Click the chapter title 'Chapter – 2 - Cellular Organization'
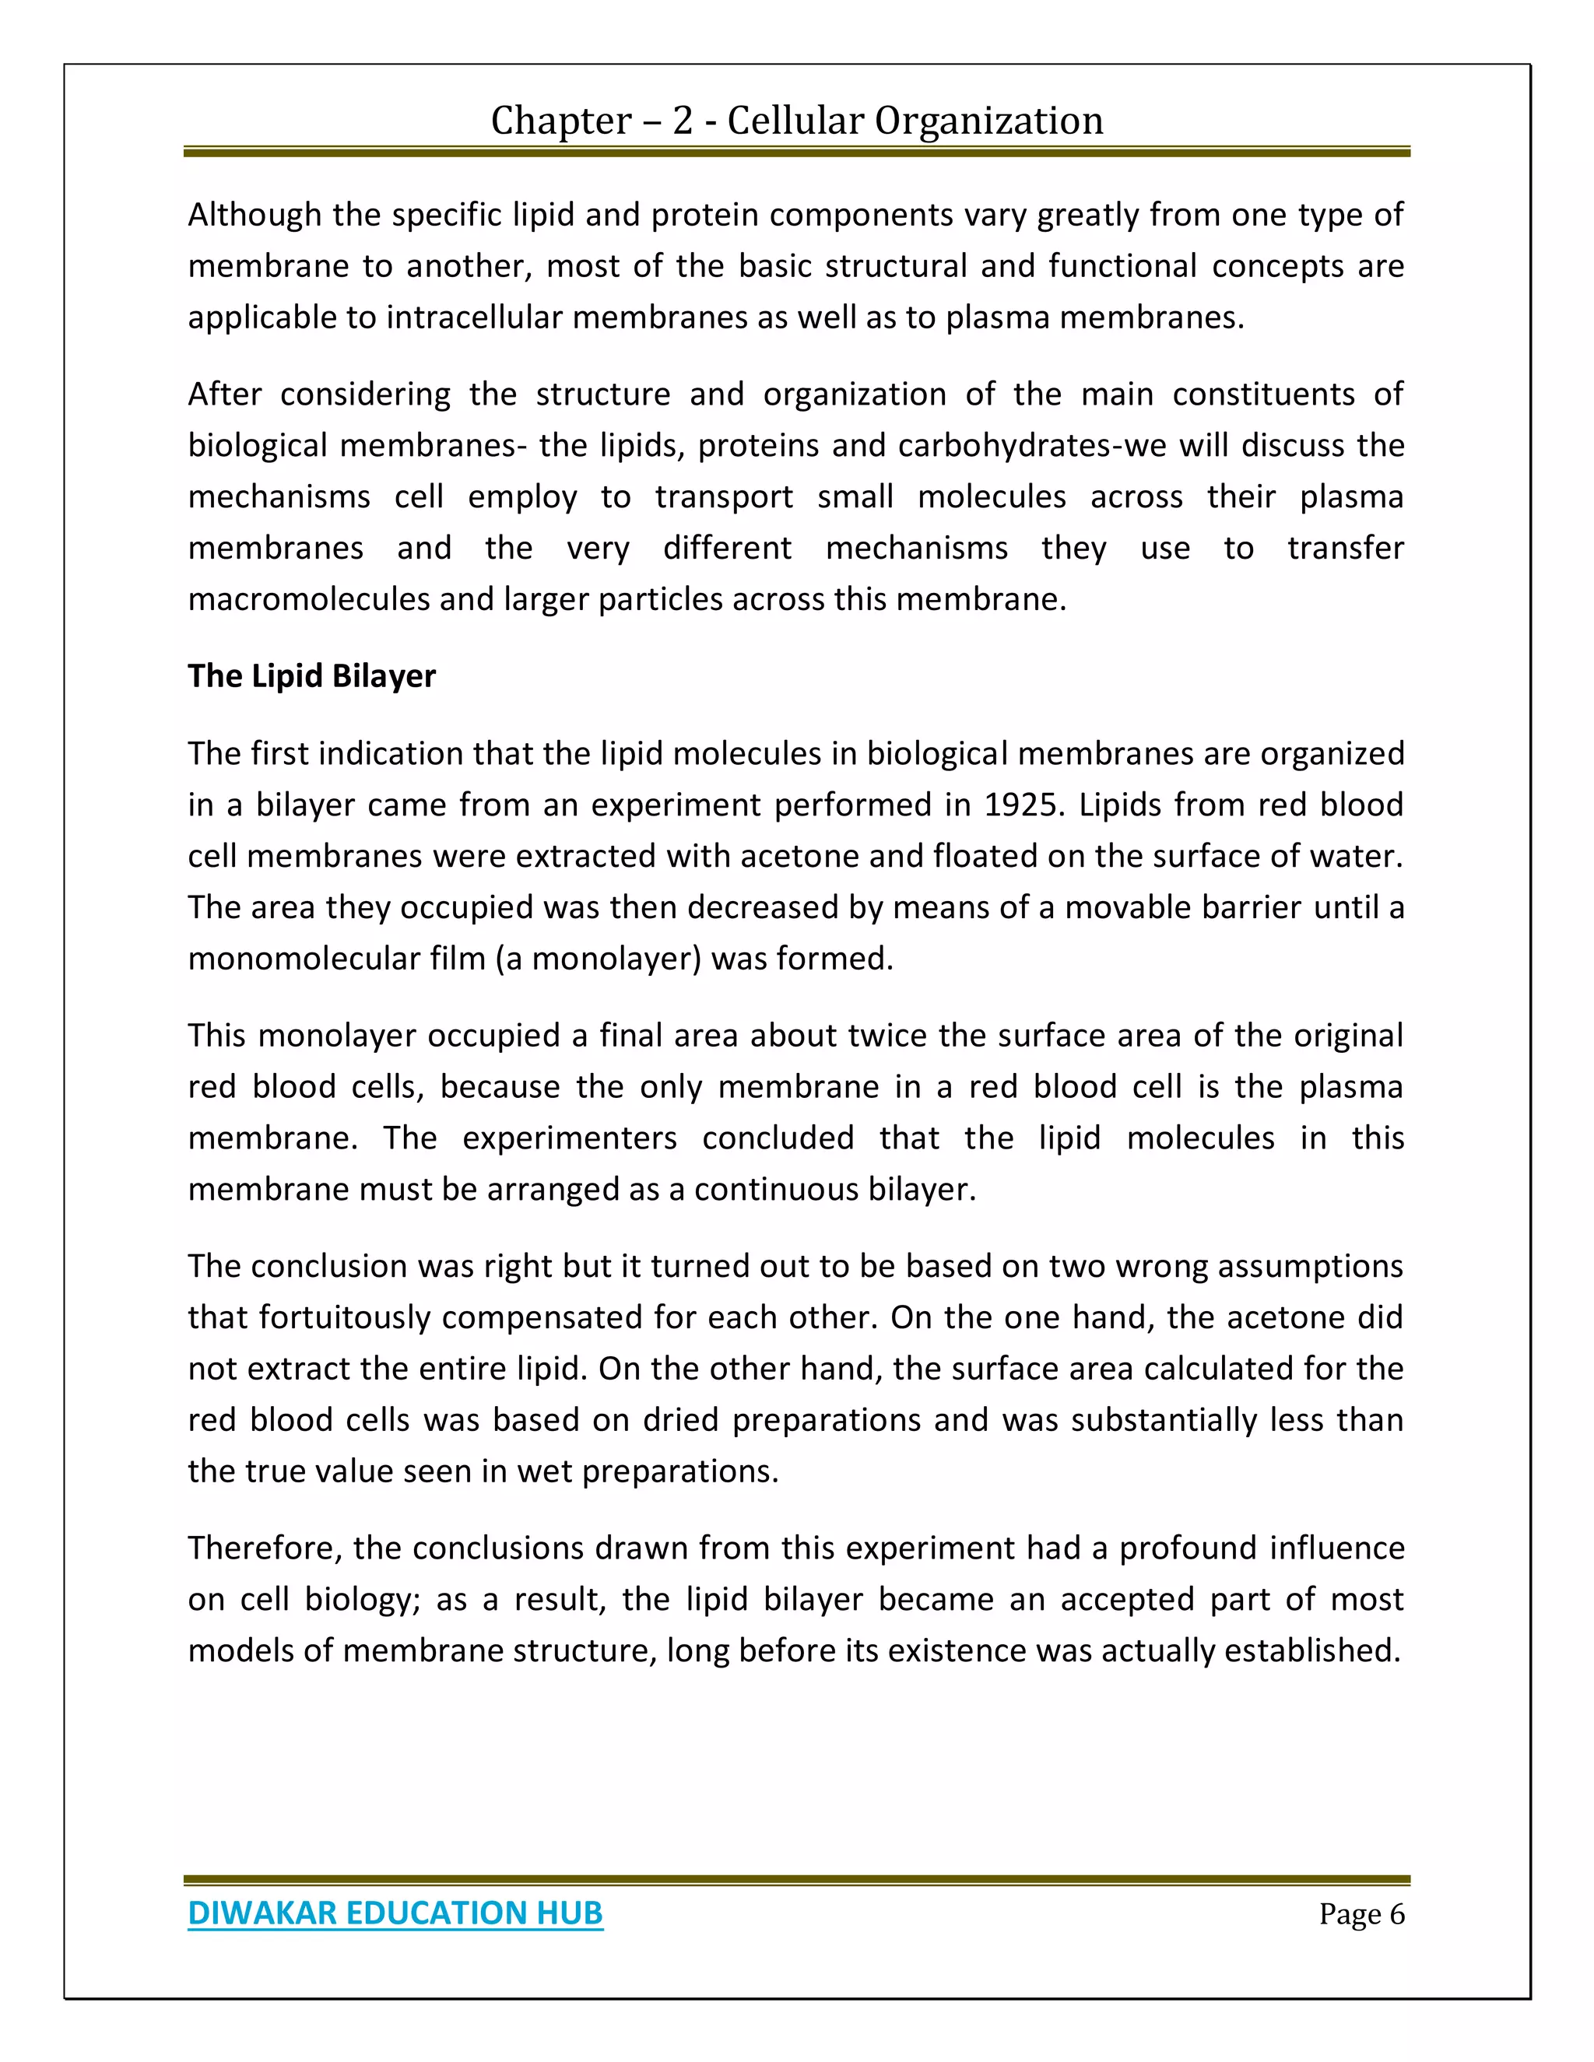point(796,121)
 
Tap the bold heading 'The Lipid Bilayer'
point(311,676)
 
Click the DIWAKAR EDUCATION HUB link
point(395,1913)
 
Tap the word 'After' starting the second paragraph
point(224,394)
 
